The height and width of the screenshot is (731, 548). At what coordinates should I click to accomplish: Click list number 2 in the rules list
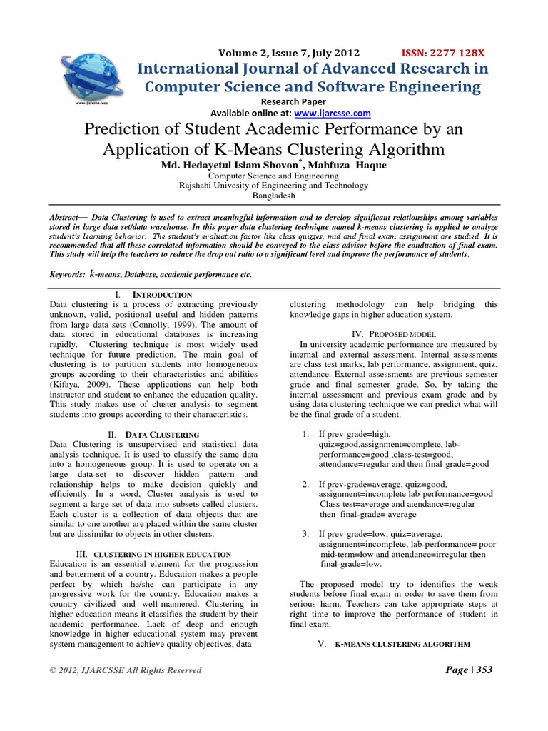(x=305, y=483)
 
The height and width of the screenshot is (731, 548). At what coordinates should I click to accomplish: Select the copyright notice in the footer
(x=126, y=670)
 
